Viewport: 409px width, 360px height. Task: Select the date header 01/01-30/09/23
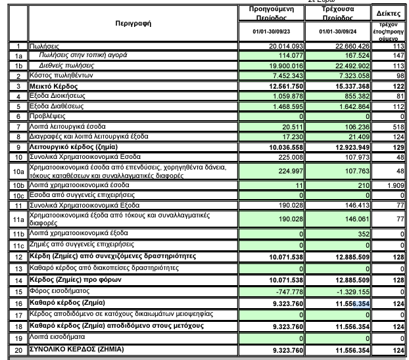[274, 32]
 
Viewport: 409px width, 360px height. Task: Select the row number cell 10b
[19, 186]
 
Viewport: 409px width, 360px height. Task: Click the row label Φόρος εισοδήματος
[60, 291]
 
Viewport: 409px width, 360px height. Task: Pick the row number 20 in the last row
[19, 349]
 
